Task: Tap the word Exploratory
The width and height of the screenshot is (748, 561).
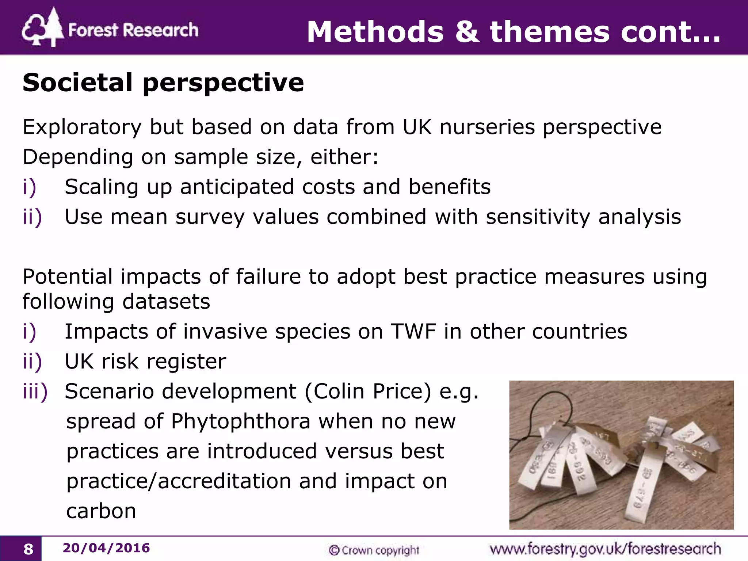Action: click(82, 127)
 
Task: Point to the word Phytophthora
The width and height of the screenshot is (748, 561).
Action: click(241, 421)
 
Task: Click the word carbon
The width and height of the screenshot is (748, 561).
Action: click(101, 511)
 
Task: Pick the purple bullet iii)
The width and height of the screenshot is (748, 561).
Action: click(35, 392)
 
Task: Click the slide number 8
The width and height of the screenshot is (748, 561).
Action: click(28, 549)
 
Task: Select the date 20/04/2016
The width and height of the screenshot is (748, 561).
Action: click(106, 548)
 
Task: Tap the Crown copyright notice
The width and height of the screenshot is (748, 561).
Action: click(374, 550)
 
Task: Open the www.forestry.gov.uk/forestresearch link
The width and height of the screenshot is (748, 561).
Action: click(605, 549)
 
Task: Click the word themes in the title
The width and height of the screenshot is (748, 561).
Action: click(550, 32)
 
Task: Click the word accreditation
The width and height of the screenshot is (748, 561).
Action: click(224, 481)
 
